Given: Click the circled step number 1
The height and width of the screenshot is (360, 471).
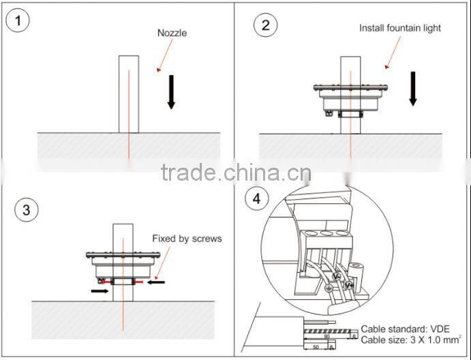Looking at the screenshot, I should (18, 21).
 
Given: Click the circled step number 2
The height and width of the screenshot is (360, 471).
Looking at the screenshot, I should (265, 26).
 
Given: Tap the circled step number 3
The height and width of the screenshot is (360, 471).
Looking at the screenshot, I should (26, 209).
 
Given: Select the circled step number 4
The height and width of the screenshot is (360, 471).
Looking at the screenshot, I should (256, 198).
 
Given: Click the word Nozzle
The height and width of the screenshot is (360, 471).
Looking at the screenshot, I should (172, 33).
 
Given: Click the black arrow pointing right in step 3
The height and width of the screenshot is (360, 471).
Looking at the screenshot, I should (100, 290).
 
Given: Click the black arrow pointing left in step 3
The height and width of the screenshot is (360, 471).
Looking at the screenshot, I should (157, 281).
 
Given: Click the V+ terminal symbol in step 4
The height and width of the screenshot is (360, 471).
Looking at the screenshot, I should (349, 284).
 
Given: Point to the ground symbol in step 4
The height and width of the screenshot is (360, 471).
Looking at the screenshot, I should (330, 289).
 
